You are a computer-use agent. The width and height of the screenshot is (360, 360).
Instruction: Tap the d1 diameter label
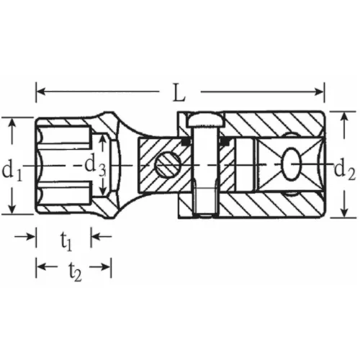pyautogui.click(x=11, y=171)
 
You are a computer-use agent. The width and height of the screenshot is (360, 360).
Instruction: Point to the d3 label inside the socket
pyautogui.click(x=95, y=166)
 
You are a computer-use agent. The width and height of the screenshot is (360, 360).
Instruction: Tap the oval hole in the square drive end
pyautogui.click(x=294, y=164)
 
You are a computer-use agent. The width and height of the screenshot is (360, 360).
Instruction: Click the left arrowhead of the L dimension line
pyautogui.click(x=40, y=91)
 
